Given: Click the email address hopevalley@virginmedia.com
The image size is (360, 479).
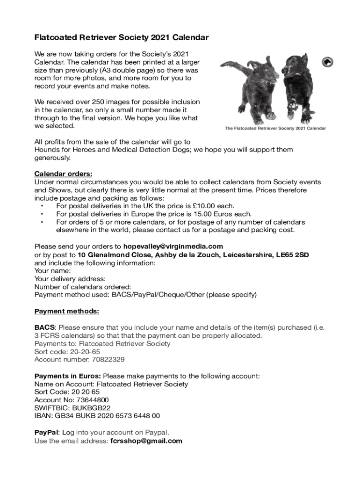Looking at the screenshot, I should tap(173, 247).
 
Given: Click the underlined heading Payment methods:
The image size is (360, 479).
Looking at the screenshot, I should tap(66, 312).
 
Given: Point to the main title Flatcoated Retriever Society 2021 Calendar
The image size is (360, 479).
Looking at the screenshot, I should tap(122, 37).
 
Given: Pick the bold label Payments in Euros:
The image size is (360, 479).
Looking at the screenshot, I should tap(68, 376).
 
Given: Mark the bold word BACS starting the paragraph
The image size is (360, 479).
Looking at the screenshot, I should tap(45, 327).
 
